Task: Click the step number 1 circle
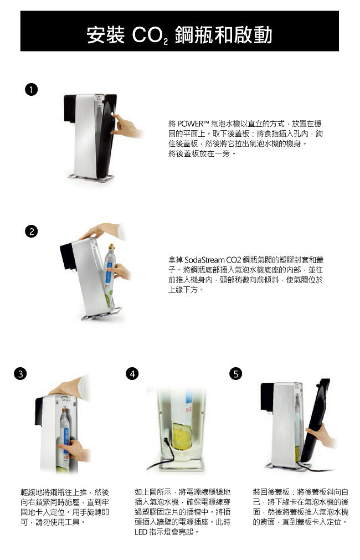click(32, 89)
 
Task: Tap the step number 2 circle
click(32, 231)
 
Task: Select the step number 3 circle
click(20, 373)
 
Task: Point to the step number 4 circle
click(132, 373)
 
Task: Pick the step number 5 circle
click(235, 373)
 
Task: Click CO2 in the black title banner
click(150, 35)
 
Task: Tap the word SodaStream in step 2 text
click(204, 260)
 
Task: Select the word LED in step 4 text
click(141, 532)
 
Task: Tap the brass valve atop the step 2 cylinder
click(111, 247)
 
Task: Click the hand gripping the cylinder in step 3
click(74, 450)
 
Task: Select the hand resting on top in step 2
click(102, 231)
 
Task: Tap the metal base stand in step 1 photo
click(91, 177)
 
